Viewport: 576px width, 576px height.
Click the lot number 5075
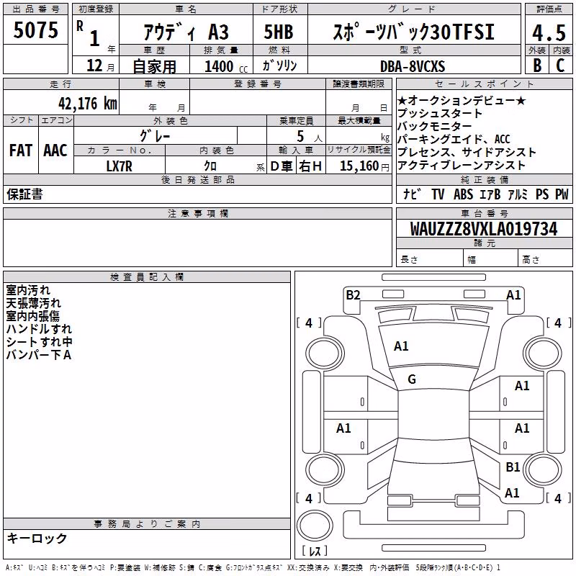coord(35,30)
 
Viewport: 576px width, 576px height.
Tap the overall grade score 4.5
coord(549,33)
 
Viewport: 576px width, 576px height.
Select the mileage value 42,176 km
coord(87,104)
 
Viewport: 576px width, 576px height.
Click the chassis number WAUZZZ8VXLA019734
coord(484,229)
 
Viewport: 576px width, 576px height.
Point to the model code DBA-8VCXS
coord(413,66)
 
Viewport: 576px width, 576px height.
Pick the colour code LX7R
coord(119,166)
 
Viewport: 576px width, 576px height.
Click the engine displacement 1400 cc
coord(226,66)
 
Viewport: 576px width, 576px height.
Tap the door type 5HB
coord(279,32)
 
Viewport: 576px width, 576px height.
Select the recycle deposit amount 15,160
coord(359,166)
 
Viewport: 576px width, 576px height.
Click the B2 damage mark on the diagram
coord(353,295)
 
